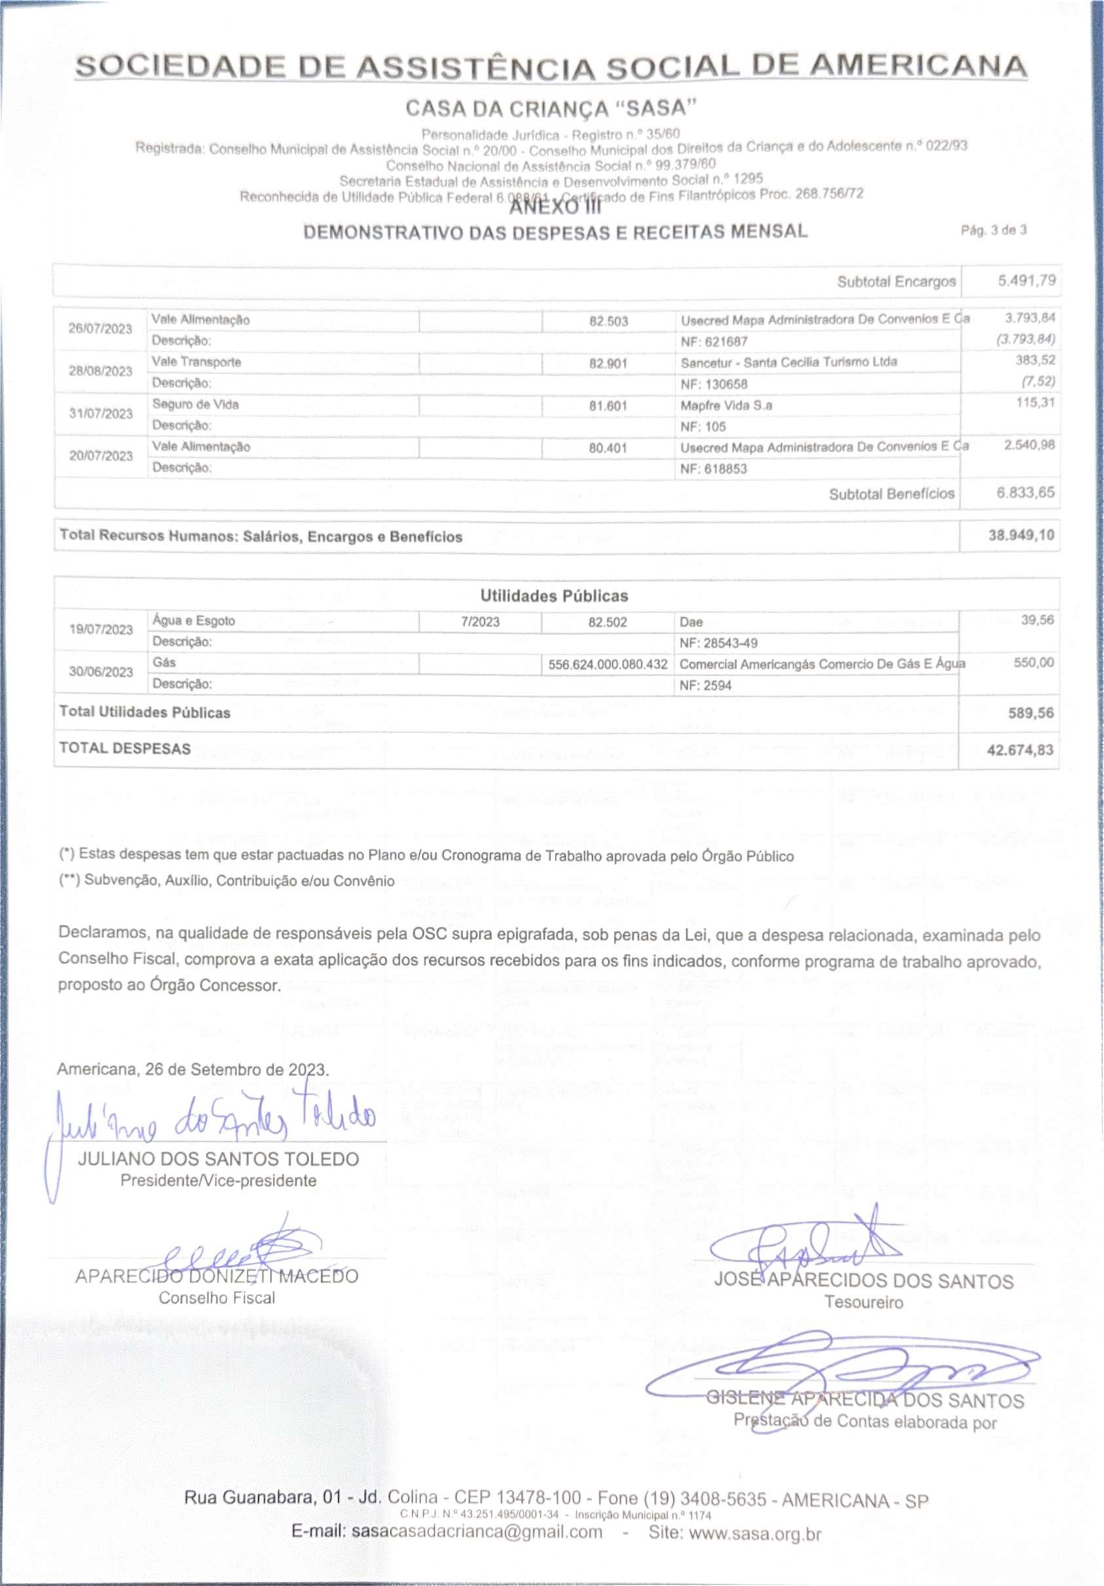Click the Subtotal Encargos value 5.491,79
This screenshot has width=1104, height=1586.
point(1026,281)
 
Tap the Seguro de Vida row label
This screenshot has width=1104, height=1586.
point(195,404)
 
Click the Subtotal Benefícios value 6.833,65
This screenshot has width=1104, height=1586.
point(1025,493)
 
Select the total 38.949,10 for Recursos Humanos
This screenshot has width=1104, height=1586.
point(1021,535)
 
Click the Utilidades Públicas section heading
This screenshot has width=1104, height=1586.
point(554,596)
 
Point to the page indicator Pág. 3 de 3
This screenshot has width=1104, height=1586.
point(993,230)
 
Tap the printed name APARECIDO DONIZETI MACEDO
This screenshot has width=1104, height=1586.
point(216,1276)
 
